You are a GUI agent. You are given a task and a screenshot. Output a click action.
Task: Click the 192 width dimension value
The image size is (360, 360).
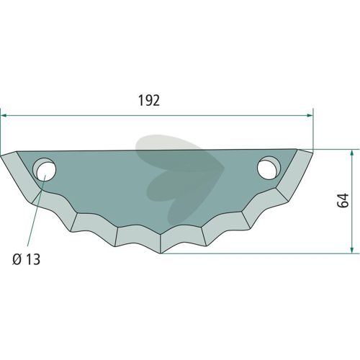(149, 100)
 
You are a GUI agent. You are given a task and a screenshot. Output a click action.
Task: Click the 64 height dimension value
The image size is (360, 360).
(343, 200)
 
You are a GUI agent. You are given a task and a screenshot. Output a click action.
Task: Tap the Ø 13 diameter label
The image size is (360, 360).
(27, 259)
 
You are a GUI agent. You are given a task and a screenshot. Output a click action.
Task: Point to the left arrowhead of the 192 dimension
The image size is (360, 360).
(4, 116)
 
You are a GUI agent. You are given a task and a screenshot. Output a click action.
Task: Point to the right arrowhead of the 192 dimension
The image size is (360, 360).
(310, 116)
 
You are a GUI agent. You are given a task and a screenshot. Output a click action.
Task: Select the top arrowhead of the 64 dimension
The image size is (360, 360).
(351, 153)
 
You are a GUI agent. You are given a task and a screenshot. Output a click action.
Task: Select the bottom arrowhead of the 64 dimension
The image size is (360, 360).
(351, 249)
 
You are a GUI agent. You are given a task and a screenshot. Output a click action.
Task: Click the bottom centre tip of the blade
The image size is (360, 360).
(161, 253)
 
